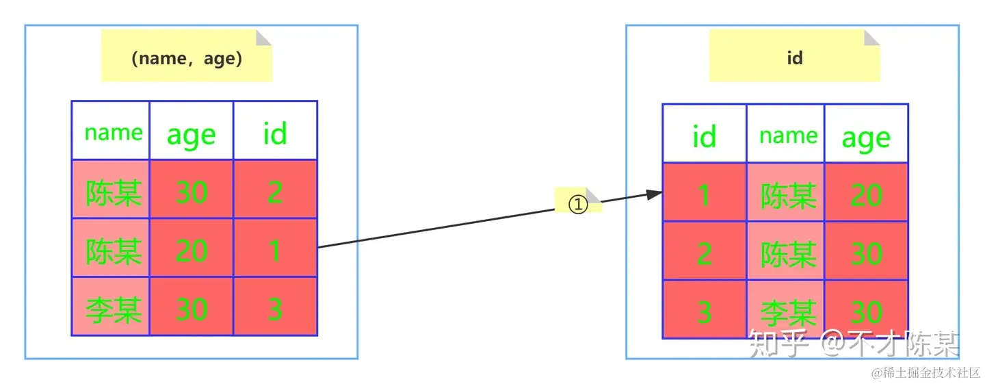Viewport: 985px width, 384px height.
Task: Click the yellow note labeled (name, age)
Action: (x=186, y=58)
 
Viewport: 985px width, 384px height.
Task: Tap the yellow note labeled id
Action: (x=794, y=58)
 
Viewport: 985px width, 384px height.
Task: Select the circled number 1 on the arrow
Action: (x=579, y=203)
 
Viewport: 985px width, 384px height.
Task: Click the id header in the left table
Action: (x=275, y=133)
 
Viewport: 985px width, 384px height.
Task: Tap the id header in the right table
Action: (x=704, y=136)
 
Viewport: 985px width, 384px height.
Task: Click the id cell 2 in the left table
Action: (x=275, y=192)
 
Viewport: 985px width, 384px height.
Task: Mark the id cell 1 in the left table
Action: (x=275, y=250)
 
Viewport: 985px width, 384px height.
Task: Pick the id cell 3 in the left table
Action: (x=275, y=309)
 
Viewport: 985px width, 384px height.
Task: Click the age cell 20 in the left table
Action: (x=192, y=250)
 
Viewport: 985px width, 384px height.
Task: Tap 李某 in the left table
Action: (x=114, y=310)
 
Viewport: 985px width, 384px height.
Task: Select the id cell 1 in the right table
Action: (x=704, y=196)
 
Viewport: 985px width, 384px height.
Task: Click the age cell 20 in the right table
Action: (x=866, y=196)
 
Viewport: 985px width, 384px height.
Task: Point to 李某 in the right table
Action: (x=788, y=313)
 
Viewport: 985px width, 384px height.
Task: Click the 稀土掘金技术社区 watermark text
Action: (x=925, y=373)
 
